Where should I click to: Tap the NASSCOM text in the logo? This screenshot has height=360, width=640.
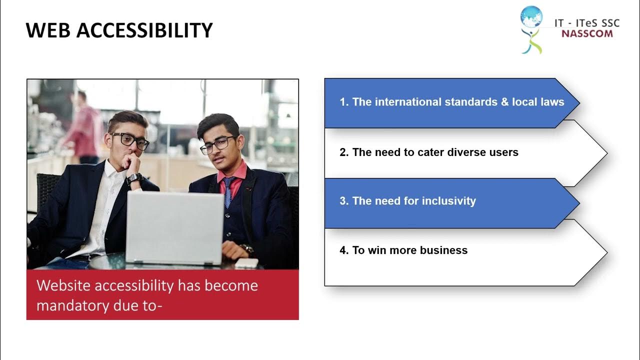[x=586, y=34]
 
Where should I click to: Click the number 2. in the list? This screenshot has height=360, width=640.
[x=344, y=152]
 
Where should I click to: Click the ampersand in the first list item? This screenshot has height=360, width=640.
[x=501, y=102]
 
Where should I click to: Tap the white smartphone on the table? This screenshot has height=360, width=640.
[x=246, y=262]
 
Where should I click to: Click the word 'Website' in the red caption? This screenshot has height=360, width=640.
[x=63, y=285]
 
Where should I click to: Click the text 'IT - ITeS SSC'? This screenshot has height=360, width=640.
[x=586, y=23]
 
